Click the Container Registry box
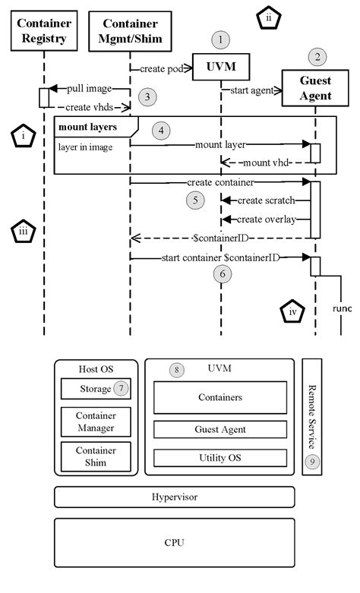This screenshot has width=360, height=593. [x=44, y=31]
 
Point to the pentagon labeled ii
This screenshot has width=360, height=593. [x=269, y=19]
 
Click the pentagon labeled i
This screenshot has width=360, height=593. [x=26, y=137]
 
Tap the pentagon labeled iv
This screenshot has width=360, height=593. [x=292, y=311]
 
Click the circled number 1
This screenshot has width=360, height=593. [x=220, y=39]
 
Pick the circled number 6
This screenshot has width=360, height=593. [x=221, y=273]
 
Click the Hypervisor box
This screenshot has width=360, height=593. [x=174, y=497]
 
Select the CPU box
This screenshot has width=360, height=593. [x=174, y=542]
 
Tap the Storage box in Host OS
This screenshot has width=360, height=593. [x=96, y=389]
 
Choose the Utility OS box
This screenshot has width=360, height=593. [x=220, y=459]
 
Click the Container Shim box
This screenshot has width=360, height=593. [x=96, y=456]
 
